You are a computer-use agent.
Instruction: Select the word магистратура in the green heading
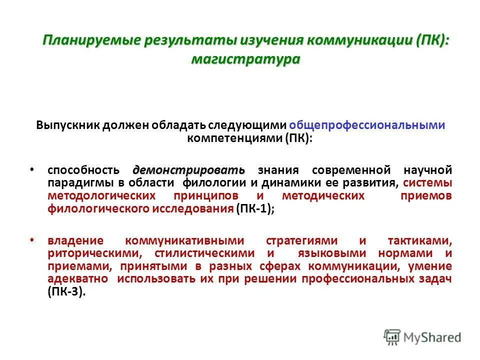[x=245, y=59]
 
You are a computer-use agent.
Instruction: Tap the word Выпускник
[x=67, y=125]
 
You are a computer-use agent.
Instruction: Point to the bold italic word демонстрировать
[x=189, y=170]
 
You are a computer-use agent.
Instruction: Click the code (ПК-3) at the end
[x=67, y=292]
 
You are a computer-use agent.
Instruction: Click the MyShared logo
[x=422, y=337]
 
